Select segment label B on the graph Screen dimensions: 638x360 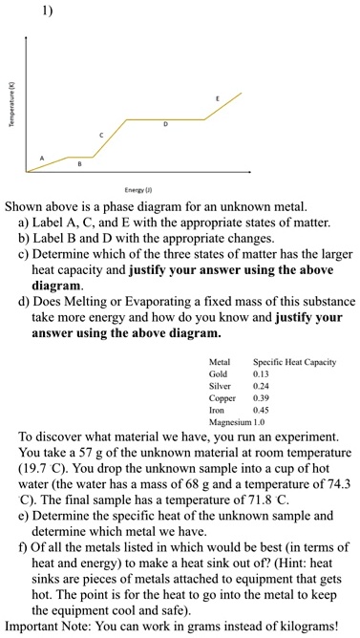click(x=80, y=164)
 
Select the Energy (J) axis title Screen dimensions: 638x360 click(x=132, y=189)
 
